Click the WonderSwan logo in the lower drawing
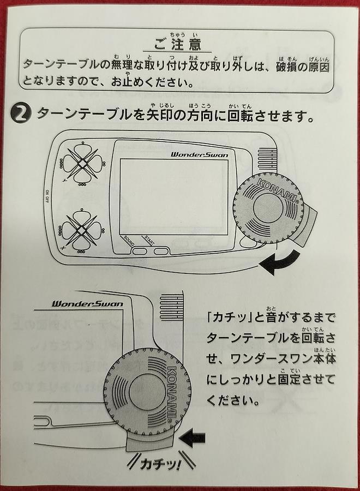(87, 303)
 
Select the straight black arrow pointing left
(194, 437)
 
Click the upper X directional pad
(81, 162)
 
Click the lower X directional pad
(81, 230)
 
